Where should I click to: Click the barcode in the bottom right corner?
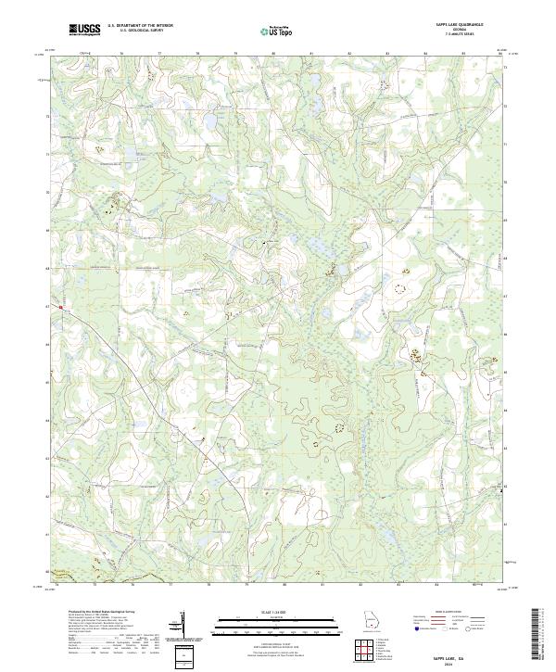pyautogui.click(x=540, y=634)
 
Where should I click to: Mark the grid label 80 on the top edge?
pyautogui.click(x=274, y=54)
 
